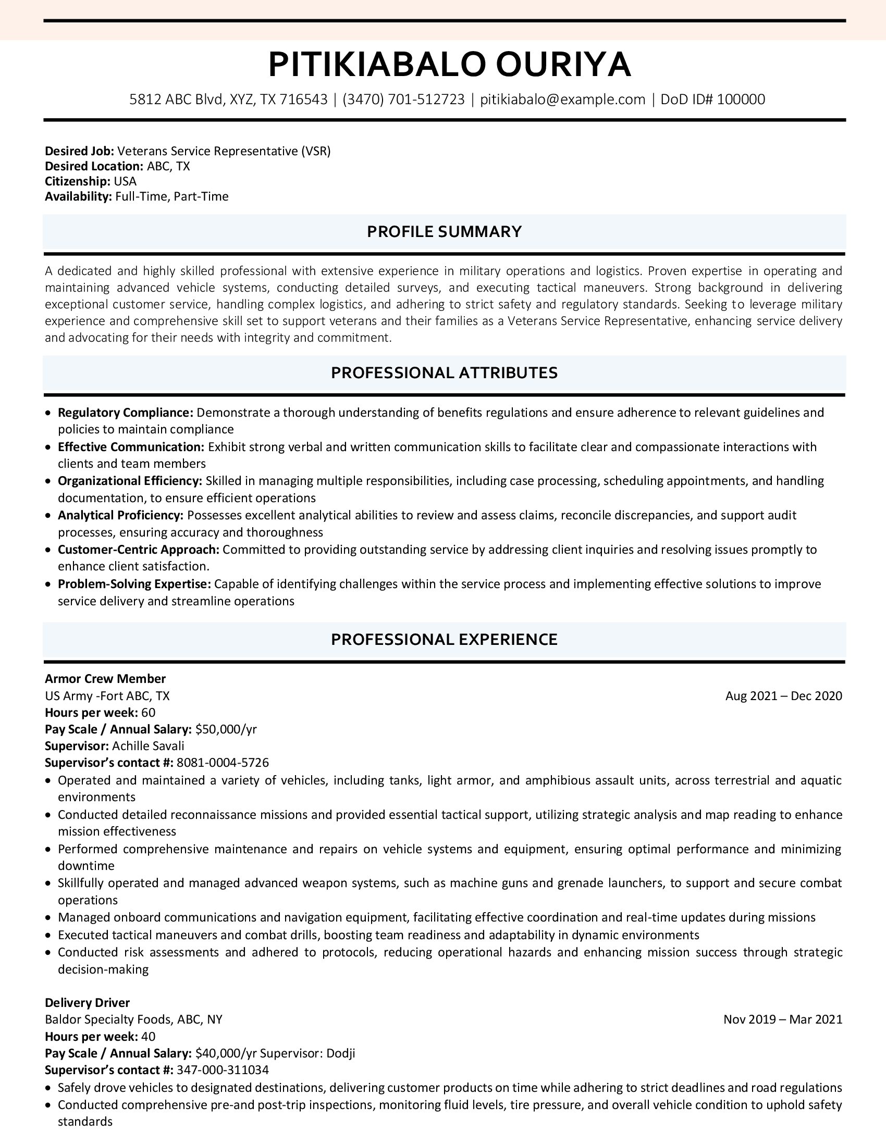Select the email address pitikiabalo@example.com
point(562,99)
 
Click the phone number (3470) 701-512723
point(403,99)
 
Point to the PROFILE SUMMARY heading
point(444,231)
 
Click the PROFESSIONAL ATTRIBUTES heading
point(444,372)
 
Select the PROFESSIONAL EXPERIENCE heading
point(444,639)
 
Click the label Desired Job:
point(79,151)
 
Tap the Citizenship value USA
point(125,182)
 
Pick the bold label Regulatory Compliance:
point(126,413)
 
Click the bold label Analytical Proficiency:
point(120,515)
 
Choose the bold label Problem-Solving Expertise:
point(134,584)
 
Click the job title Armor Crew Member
point(105,678)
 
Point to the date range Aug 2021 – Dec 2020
point(783,696)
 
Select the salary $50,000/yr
point(226,729)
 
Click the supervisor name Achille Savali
point(148,745)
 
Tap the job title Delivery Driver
point(87,1003)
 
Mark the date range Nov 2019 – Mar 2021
point(783,1019)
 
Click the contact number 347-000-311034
point(223,1070)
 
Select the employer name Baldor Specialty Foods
point(108,1019)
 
